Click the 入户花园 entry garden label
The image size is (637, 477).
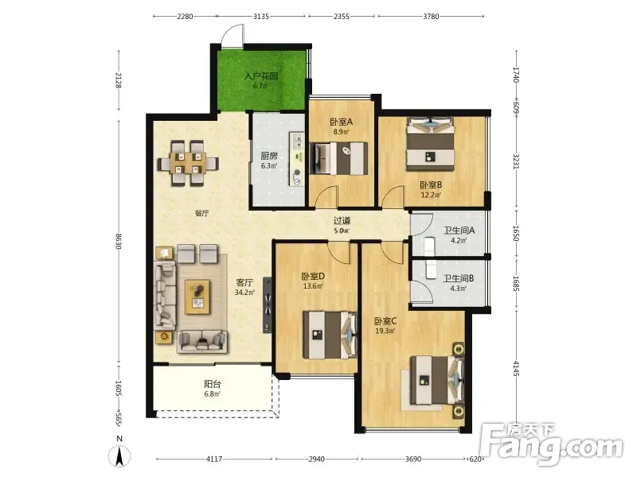[261, 76]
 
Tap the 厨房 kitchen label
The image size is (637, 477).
[269, 156]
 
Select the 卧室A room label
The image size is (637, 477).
[342, 122]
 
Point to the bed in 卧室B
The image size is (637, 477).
[430, 144]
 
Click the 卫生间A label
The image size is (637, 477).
[459, 231]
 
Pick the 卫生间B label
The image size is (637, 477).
[459, 278]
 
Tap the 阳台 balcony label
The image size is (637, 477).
[213, 384]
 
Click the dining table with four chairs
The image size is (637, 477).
[188, 163]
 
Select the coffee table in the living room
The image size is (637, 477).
[197, 297]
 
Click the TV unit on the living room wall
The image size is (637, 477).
[267, 305]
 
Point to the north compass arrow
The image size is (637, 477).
[119, 456]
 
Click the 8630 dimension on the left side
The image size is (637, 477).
[119, 242]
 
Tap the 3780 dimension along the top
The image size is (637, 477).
[431, 17]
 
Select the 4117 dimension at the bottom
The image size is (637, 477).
[214, 460]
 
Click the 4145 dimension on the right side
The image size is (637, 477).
[516, 368]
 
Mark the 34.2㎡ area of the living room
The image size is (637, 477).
[244, 293]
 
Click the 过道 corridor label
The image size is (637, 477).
[342, 221]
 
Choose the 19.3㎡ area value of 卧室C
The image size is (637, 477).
[385, 331]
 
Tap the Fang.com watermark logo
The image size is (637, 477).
[551, 444]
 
